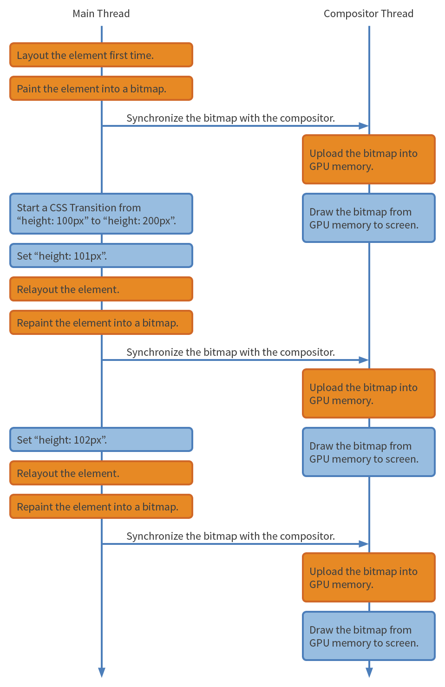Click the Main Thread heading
click(101, 13)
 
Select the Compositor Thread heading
click(368, 13)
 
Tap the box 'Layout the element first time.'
click(101, 55)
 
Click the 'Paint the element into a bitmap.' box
click(101, 88)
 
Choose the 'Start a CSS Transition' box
click(101, 214)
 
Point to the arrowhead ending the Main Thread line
click(102, 672)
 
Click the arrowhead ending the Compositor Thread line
click(369, 672)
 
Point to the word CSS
click(58, 208)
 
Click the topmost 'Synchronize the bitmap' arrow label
click(230, 118)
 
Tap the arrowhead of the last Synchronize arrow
click(364, 544)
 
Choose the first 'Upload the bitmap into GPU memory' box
click(369, 159)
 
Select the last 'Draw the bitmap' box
click(369, 636)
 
